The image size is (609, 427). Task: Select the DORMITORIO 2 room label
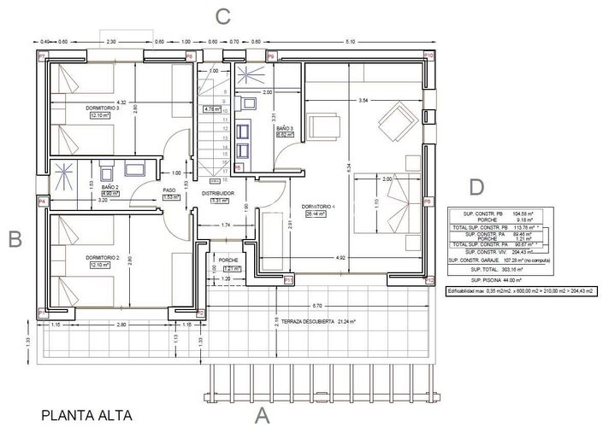[102, 257]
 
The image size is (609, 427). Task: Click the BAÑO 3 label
[286, 128]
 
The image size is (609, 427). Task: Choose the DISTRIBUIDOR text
[218, 194]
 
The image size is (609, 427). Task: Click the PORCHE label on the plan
[228, 260]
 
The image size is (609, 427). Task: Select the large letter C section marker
[223, 15]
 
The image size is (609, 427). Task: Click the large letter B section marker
[14, 240]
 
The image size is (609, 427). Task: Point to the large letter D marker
[476, 186]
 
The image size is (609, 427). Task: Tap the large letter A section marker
[263, 415]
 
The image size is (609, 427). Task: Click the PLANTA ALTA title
[86, 416]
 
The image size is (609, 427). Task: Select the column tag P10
[429, 56]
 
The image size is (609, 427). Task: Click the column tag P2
[199, 313]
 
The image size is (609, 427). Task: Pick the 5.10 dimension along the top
[349, 41]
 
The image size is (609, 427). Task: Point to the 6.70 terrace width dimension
[317, 305]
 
